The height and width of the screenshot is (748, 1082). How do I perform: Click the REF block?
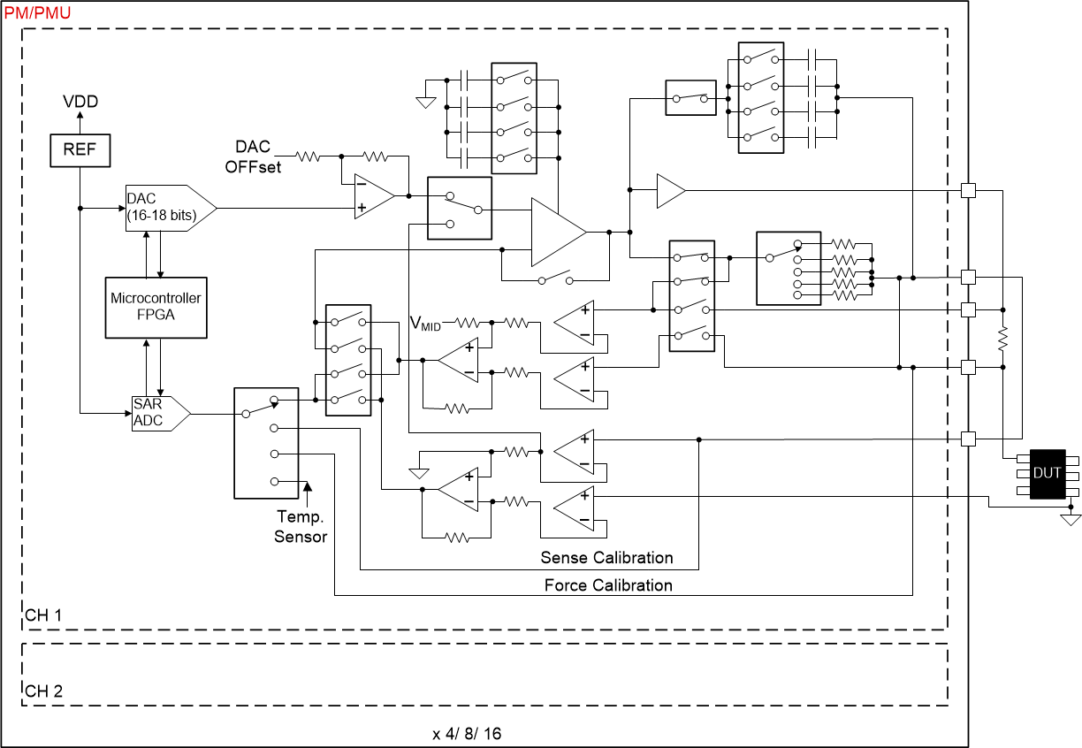click(x=80, y=150)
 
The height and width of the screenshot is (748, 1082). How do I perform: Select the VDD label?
click(x=80, y=102)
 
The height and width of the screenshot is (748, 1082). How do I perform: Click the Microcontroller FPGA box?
click(x=156, y=306)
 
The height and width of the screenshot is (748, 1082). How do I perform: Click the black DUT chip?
click(x=1048, y=474)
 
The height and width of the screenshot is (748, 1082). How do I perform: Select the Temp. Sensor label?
click(x=301, y=526)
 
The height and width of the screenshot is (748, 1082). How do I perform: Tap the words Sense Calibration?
click(x=606, y=558)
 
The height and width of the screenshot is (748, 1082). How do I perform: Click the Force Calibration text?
click(x=608, y=585)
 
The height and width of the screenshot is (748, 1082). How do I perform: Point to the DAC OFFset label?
click(x=257, y=156)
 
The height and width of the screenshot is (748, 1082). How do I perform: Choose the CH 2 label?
click(x=43, y=691)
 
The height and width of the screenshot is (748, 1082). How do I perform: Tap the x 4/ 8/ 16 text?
click(x=468, y=734)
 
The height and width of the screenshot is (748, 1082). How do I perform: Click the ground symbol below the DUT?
click(x=1071, y=519)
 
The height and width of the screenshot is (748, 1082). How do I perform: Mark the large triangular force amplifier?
click(x=555, y=232)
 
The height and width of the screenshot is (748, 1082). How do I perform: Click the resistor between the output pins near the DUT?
click(x=1003, y=338)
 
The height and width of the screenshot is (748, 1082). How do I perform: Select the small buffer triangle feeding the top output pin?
click(x=669, y=190)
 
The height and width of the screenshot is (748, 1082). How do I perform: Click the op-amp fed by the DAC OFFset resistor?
click(x=372, y=195)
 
